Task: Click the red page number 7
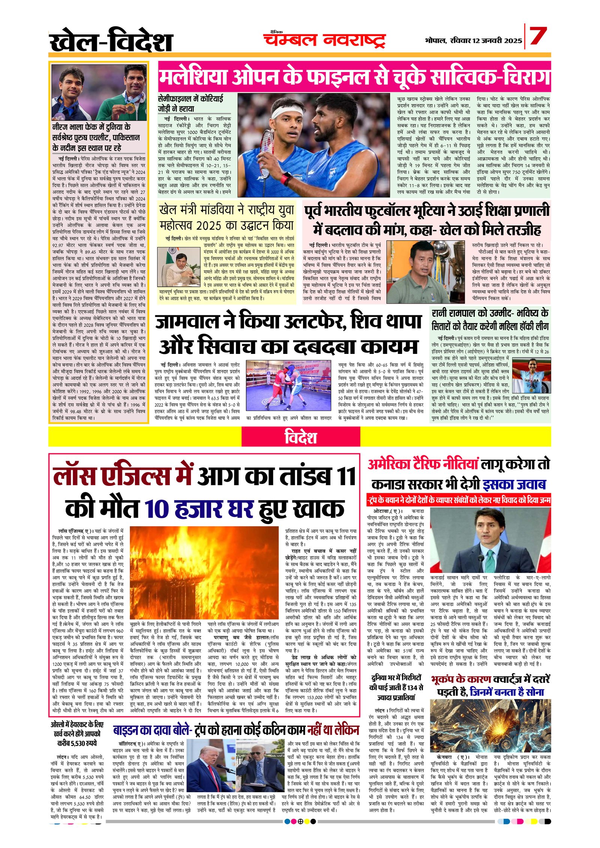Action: [x=538, y=36]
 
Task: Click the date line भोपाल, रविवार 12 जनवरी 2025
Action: [x=473, y=40]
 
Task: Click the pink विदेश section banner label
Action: [x=300, y=437]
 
